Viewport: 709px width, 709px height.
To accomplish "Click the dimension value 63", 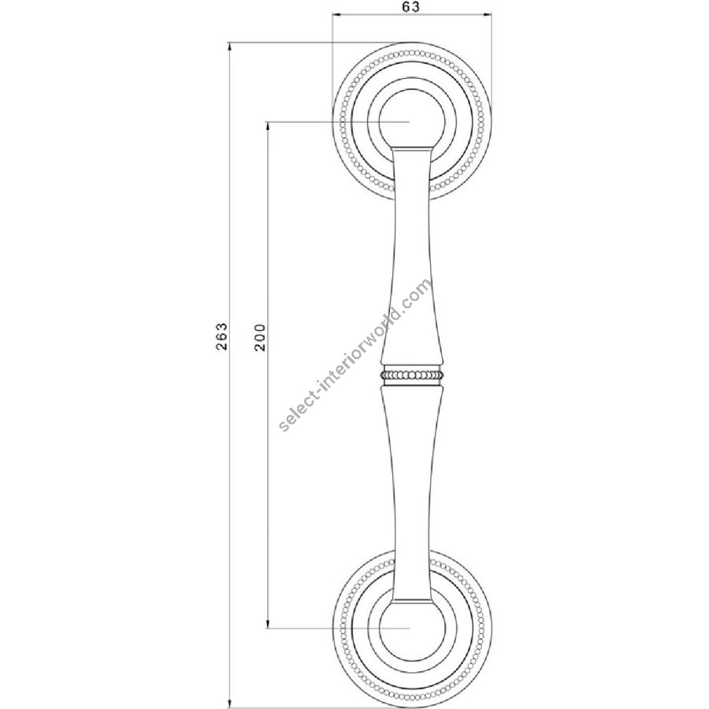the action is pyautogui.click(x=410, y=7).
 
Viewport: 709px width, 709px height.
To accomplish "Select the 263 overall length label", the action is pyautogui.click(x=221, y=336).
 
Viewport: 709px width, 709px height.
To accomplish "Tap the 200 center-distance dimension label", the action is pyautogui.click(x=259, y=337).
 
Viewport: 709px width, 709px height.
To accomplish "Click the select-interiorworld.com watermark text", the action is pyautogui.click(x=355, y=354).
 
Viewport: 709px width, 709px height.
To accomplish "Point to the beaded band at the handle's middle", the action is pyautogui.click(x=411, y=375).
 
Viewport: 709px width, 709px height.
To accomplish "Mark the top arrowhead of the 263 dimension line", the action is pyautogui.click(x=230, y=46).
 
